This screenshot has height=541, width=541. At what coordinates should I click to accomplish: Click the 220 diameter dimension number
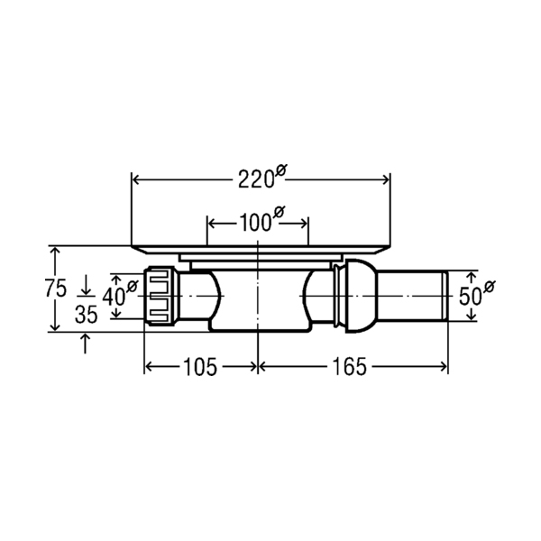256,179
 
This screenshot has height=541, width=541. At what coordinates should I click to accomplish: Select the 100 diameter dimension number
254,223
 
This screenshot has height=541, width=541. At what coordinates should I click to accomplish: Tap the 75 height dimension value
56,289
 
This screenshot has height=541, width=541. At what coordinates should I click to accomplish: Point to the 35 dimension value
87,315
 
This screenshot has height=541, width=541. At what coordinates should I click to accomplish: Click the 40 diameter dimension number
114,297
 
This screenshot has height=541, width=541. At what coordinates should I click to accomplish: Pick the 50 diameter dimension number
470,297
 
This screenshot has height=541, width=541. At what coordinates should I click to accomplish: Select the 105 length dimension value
200,367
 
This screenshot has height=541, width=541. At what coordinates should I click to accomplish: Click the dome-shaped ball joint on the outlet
361,296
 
